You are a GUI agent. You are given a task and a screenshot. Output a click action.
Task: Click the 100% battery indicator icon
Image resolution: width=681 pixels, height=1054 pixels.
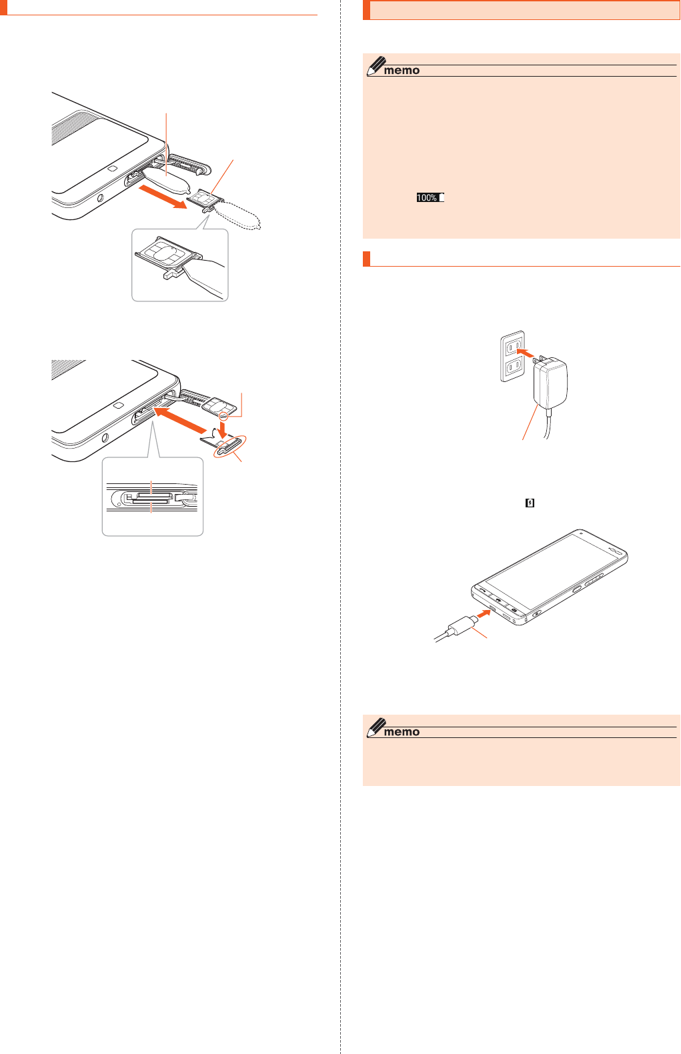tap(430, 197)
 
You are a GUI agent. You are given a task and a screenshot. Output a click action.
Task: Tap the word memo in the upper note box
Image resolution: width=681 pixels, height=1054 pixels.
tap(402, 71)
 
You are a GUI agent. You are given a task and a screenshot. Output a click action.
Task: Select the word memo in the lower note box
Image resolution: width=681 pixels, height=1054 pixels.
tap(402, 732)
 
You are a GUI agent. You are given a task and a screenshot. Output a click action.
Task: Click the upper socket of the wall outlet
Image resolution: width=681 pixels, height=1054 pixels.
tap(512, 347)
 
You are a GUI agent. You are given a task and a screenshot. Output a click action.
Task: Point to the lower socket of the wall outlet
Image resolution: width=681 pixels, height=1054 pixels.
tap(512, 367)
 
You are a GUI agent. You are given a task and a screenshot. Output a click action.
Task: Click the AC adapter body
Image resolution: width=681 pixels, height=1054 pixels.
tap(550, 384)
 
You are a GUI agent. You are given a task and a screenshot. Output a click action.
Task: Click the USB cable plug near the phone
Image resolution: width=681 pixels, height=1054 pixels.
tap(462, 626)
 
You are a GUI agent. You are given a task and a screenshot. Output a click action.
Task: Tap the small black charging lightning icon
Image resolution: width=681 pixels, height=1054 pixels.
tap(530, 503)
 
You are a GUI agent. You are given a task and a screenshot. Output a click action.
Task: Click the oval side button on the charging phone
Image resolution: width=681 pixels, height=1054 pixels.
tap(577, 589)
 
